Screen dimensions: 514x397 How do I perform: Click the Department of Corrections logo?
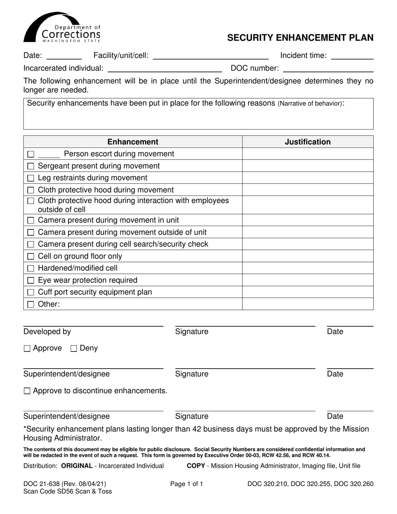pos(62,28)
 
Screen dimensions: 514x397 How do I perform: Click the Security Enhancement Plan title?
pos(300,38)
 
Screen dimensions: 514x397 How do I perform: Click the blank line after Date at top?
pos(64,56)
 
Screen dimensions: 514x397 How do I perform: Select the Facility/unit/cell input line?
pos(211,56)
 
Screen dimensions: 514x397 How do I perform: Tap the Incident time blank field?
pos(352,56)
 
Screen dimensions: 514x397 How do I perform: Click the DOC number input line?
pos(328,69)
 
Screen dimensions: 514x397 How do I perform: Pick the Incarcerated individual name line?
pos(165,69)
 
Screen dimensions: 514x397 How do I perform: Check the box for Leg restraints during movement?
pos(31,178)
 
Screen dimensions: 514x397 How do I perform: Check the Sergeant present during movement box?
pos(31,166)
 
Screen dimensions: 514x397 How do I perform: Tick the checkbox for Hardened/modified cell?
pos(31,268)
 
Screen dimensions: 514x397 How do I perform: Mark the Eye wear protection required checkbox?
pos(31,280)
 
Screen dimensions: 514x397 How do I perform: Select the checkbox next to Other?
pos(31,305)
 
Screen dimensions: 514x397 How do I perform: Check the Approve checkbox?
pos(27,349)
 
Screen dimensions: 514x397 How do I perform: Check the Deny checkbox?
pos(74,349)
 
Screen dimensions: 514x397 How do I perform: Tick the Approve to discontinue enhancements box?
pos(27,391)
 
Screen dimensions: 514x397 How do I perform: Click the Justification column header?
pos(308,142)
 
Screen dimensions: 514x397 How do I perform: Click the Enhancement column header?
pos(133,142)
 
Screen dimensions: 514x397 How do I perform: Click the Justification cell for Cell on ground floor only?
pos(308,256)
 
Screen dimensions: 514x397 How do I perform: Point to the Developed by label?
pos(47,332)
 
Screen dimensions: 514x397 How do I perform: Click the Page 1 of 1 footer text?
pos(187,484)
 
